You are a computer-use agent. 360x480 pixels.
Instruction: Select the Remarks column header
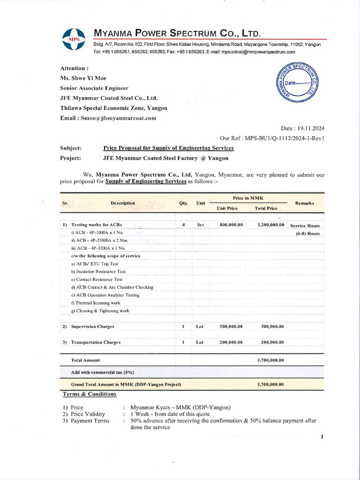[305, 203]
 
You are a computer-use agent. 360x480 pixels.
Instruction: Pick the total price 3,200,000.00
[271, 225]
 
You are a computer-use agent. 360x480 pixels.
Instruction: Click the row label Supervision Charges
[92, 326]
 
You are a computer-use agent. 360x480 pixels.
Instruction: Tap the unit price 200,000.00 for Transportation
[231, 342]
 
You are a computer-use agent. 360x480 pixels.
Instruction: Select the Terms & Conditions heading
[90, 394]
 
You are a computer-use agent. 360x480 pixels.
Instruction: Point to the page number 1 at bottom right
[322, 437]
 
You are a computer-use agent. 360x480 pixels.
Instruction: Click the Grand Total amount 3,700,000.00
[271, 384]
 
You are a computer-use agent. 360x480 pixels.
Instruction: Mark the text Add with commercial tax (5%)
[103, 372]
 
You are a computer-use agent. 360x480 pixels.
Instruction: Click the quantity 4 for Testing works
[183, 225]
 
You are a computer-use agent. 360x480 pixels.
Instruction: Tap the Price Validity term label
[88, 414]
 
